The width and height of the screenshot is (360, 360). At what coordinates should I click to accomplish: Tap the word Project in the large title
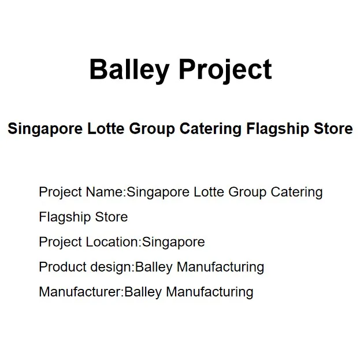tap(225, 70)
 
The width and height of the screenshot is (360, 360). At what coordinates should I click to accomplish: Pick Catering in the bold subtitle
tap(210, 128)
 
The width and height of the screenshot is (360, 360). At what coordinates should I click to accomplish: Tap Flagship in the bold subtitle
tap(274, 128)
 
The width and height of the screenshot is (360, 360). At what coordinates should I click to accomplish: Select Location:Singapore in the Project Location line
tap(145, 242)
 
